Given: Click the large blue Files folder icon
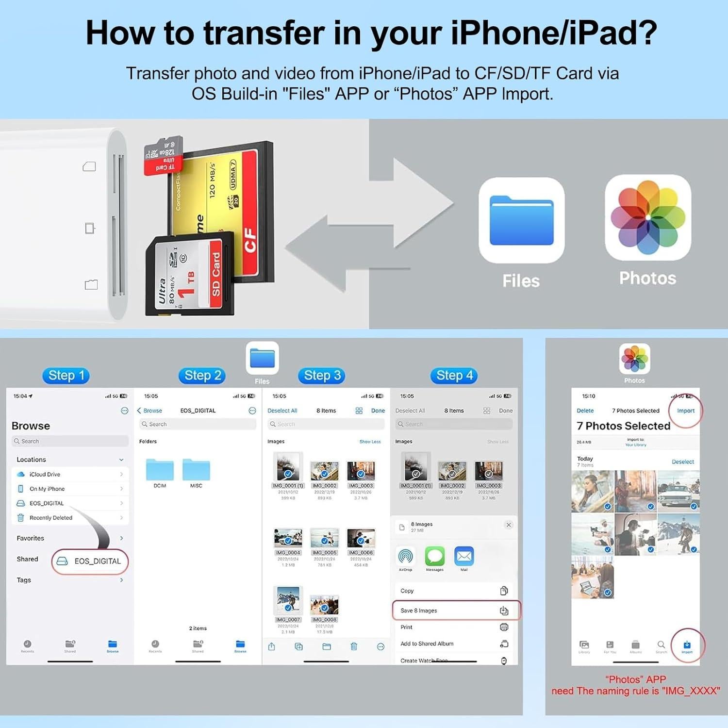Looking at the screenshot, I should coord(521,220).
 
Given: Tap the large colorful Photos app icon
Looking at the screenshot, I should coord(648,217).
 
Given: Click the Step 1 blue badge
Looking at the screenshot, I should coord(66,376).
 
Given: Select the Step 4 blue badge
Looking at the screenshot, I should coord(454,375).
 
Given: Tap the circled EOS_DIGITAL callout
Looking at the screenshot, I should coord(90,562).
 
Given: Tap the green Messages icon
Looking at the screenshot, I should coord(435,556).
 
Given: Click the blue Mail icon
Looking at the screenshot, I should coord(464,556).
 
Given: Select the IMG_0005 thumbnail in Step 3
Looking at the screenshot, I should coord(324,538).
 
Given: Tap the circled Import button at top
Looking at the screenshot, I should coord(686,411).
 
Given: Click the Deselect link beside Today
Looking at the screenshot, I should coord(682,462).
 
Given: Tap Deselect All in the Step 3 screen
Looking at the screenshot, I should coord(282,411).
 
